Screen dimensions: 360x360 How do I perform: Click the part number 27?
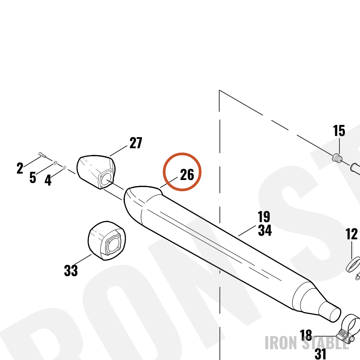click(x=136, y=143)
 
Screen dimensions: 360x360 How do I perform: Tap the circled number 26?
click(x=187, y=175)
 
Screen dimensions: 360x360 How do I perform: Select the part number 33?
click(x=71, y=270)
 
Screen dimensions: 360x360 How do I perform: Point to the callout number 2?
click(x=20, y=168)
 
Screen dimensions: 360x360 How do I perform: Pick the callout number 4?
click(x=48, y=180)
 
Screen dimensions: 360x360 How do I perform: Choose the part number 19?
click(x=264, y=216)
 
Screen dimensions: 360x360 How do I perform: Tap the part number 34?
click(x=265, y=230)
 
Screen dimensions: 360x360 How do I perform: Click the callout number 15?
click(x=339, y=131)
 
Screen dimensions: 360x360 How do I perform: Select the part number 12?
click(x=351, y=234)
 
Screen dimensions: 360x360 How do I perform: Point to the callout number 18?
click(x=306, y=335)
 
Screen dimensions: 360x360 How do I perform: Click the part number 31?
click(x=320, y=354)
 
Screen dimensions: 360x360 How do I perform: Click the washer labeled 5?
click(x=55, y=163)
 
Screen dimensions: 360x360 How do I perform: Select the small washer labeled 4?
click(x=64, y=168)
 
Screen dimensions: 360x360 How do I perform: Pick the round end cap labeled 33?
click(x=107, y=240)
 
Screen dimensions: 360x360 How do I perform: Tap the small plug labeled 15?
click(x=337, y=158)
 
